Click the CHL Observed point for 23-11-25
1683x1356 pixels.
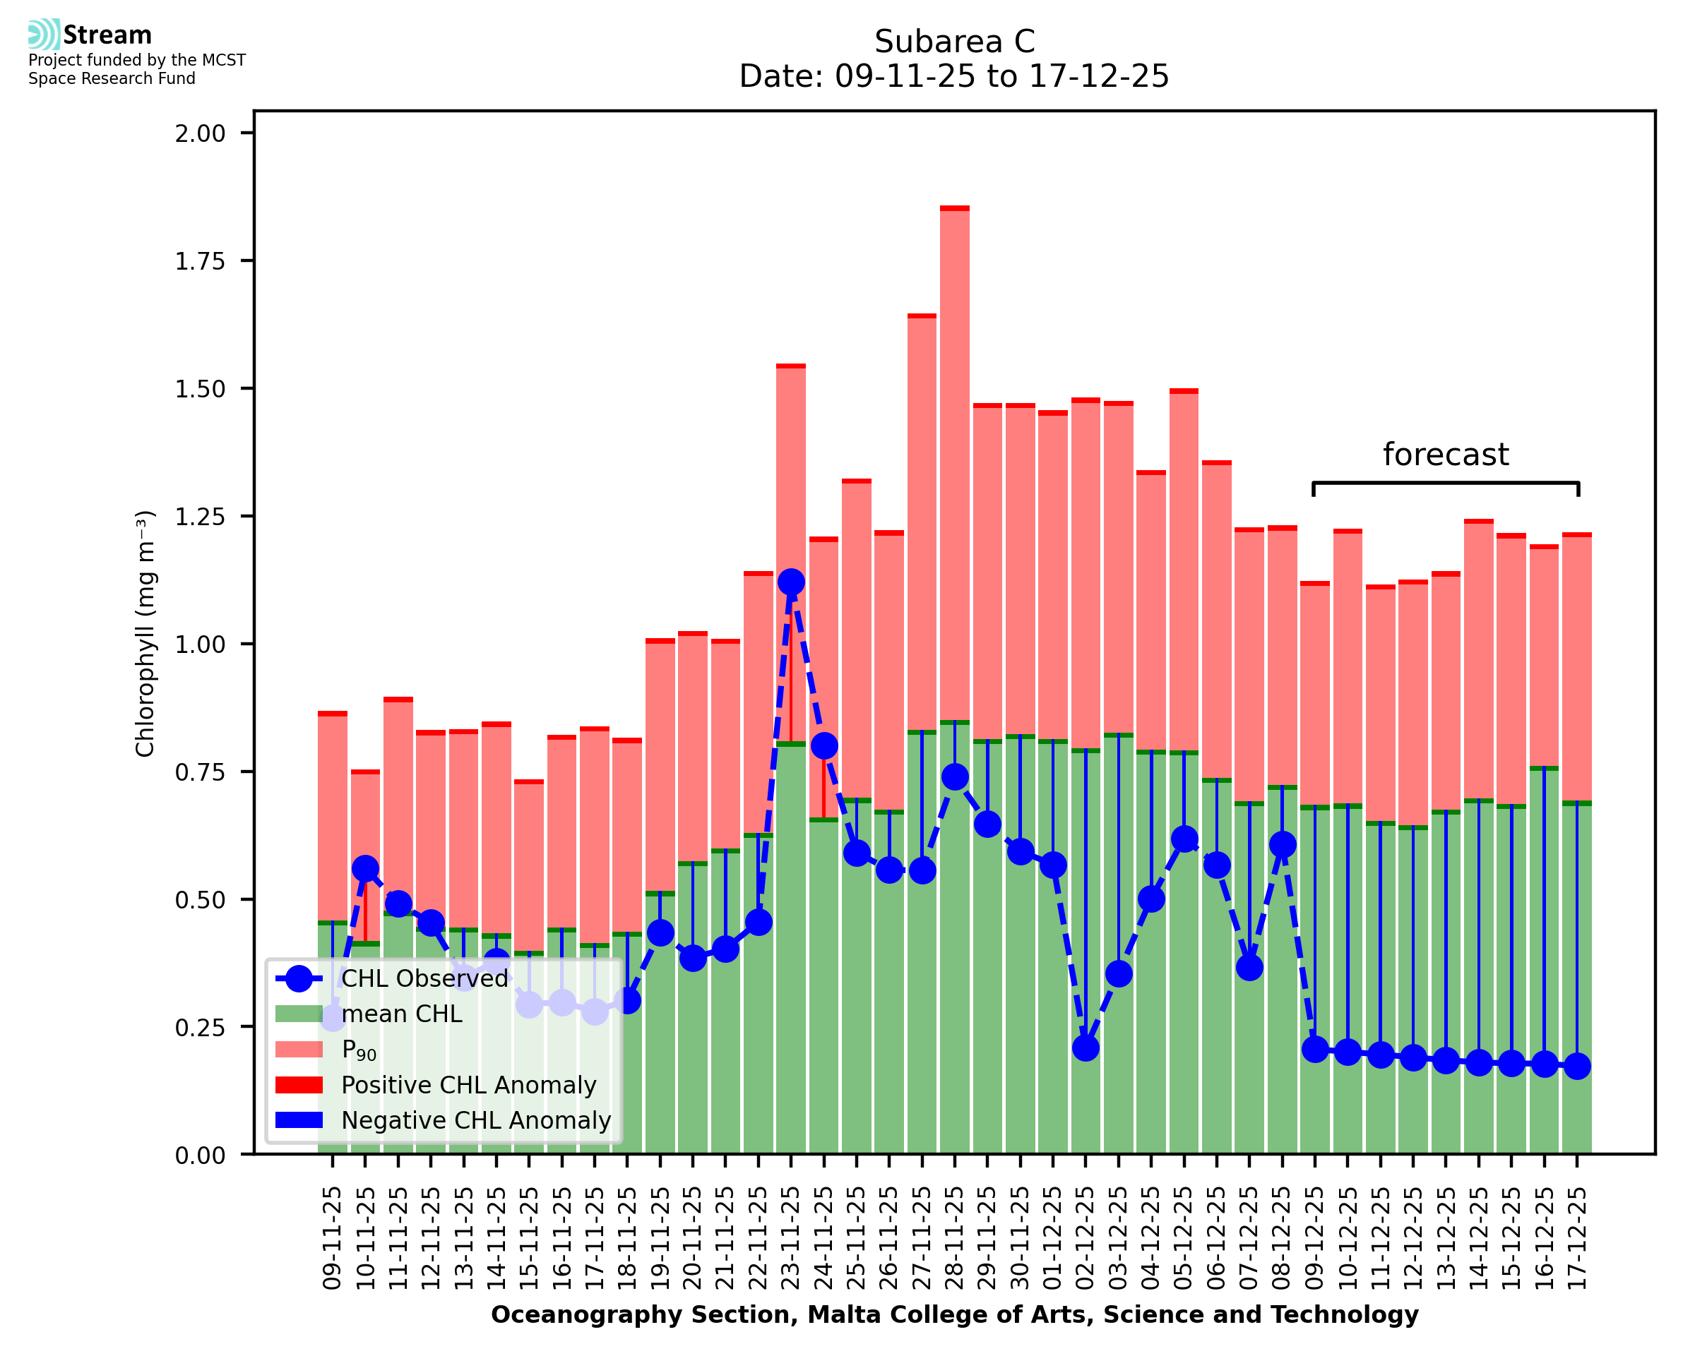coord(791,582)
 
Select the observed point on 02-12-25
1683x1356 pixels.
coord(1086,1048)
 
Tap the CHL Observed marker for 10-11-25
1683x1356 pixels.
coord(365,869)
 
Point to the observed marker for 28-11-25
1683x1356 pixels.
coord(954,776)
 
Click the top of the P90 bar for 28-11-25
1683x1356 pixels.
coord(954,208)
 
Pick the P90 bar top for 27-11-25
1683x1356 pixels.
coord(922,316)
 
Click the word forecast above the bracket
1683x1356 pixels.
coord(1446,455)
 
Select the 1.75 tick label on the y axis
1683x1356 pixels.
coord(200,261)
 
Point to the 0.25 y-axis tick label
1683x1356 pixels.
coord(200,1027)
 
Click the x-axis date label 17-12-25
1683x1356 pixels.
coord(1578,1239)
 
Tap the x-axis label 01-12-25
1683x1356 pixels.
coord(1053,1239)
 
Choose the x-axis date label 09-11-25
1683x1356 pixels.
coord(333,1239)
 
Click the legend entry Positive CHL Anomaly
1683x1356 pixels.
coord(468,1085)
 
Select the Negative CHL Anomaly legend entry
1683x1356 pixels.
coord(476,1120)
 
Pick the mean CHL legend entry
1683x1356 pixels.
coord(402,1014)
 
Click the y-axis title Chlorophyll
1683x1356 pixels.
coord(145,633)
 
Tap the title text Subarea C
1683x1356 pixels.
coord(954,42)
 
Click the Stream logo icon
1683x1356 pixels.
coord(44,34)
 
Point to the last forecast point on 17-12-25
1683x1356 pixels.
coord(1578,1066)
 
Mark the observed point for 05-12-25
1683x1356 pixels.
coord(1184,839)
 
